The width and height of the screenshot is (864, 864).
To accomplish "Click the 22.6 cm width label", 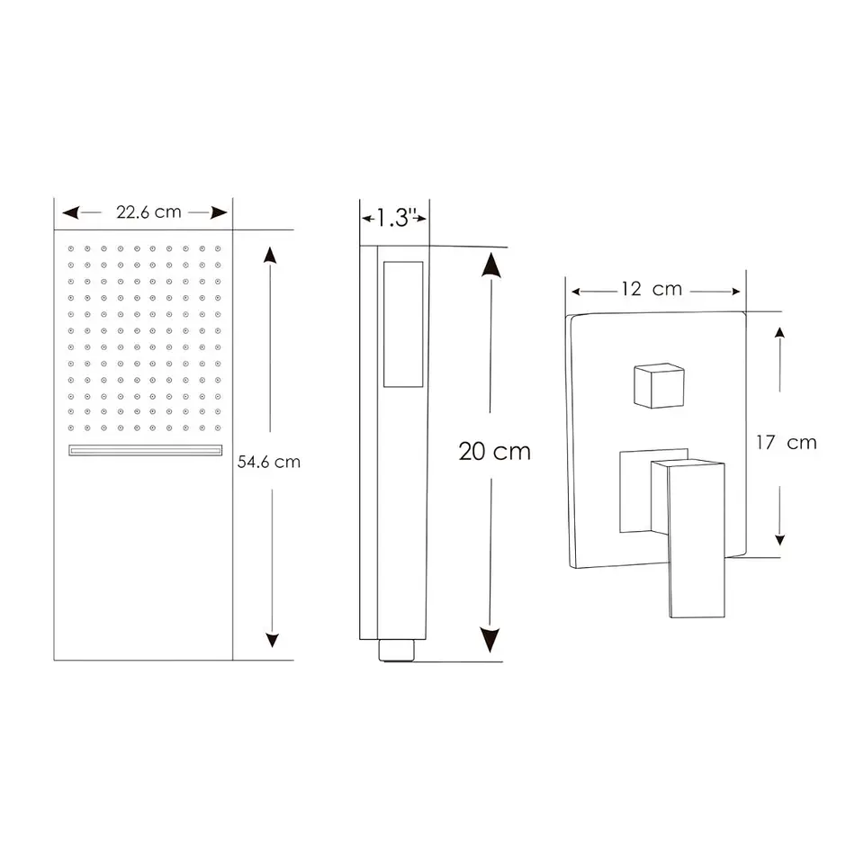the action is pos(148,212).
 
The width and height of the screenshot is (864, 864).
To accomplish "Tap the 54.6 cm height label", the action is pos(269,462).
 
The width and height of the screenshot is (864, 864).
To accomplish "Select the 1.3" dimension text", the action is pos(394,218).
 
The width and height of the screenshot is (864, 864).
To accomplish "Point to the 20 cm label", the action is pos(495,451).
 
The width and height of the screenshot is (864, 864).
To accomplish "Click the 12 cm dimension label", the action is pos(652,289).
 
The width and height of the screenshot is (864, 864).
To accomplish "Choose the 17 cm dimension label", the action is pos(787,443).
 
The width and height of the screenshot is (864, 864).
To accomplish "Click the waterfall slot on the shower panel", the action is pos(146,450).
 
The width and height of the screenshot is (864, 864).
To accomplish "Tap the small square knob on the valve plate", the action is pos(659,386).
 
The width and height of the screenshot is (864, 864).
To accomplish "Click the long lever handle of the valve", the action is pos(696,539).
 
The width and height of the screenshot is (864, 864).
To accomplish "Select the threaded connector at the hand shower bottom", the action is pos(396,650).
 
